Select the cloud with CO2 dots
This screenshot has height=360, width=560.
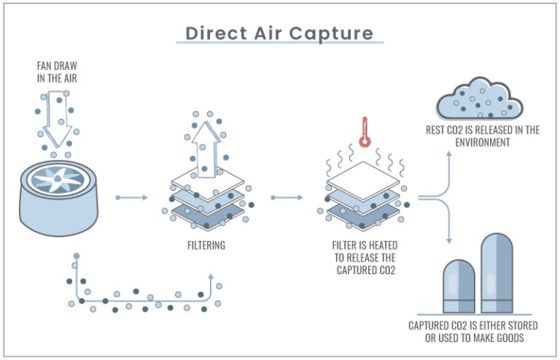tap(478, 101)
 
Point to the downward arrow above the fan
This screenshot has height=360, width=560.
tap(55, 120)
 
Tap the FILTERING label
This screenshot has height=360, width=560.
tap(206, 246)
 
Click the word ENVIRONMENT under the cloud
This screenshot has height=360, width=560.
tap(483, 143)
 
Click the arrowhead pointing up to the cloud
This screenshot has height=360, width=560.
tap(449, 154)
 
